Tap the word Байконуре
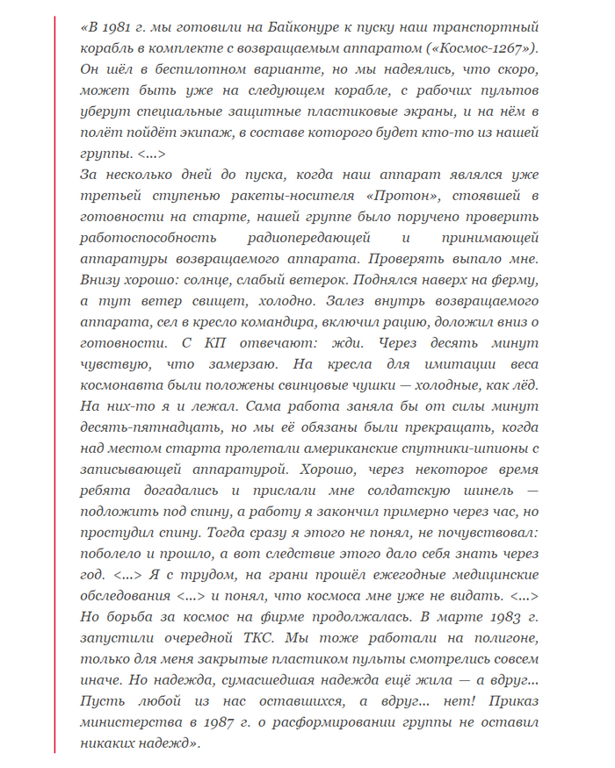[304, 27]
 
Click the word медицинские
[488, 575]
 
